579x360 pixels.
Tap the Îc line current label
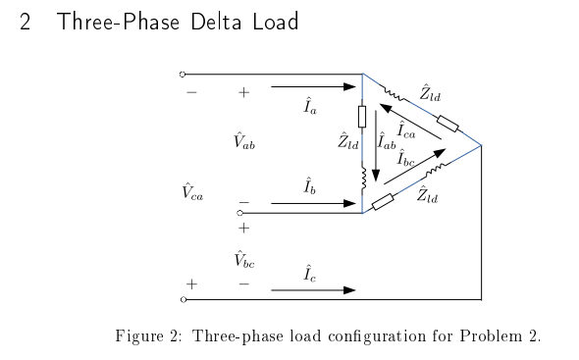(309, 270)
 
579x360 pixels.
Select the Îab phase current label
(388, 141)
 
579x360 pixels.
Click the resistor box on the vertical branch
(363, 117)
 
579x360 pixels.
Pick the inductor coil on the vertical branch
(363, 178)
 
